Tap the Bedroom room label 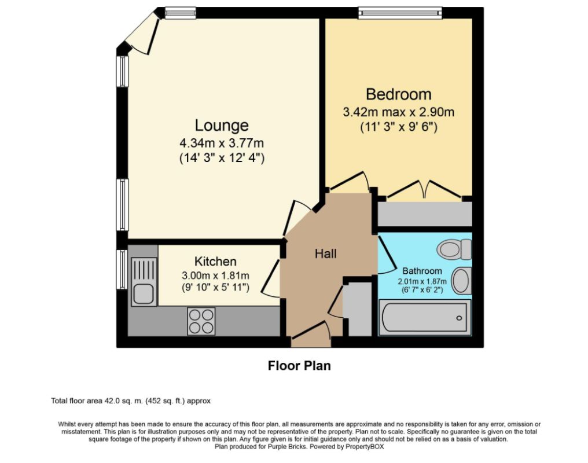pos(398,94)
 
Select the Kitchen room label pos(215,262)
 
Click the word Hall pos(325,253)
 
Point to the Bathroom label pos(422,270)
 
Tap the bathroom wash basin pos(461,281)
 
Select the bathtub pos(425,318)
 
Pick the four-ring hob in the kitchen pos(201,321)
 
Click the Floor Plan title pos(299,366)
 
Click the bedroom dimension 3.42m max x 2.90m pos(398,112)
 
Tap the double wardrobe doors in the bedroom pos(425,189)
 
